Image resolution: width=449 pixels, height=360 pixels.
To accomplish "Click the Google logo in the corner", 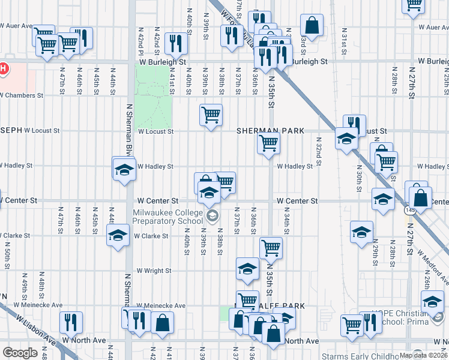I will pos(20,353).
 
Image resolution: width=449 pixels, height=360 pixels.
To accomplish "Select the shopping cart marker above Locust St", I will pos(211,115).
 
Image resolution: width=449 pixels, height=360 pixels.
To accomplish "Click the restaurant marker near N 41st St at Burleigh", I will pos(176,43).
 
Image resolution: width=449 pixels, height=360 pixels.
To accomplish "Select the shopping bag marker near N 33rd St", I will pos(312,25).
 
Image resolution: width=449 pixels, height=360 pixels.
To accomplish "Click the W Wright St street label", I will pos(154,271).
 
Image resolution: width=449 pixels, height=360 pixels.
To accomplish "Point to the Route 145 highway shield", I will pos(411,211).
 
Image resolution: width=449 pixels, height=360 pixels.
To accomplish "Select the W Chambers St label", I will pos(22,95).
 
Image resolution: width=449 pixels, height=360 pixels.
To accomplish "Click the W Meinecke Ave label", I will pos(161,305).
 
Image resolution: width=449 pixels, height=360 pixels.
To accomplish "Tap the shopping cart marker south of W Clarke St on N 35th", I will pos(271,248).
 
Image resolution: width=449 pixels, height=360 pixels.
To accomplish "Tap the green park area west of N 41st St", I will pos(152,93).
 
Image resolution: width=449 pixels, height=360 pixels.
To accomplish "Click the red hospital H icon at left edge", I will pos(3,68).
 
